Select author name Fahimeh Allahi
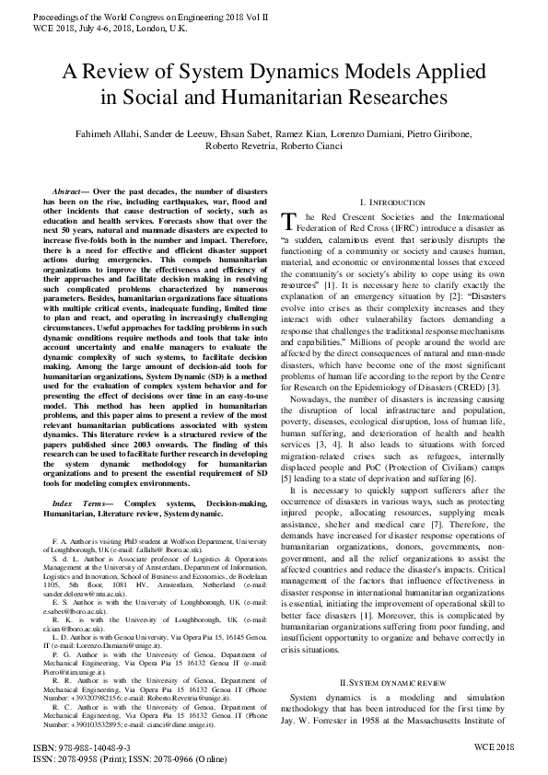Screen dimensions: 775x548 coord(106,133)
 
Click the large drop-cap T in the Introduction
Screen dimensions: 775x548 coord(287,221)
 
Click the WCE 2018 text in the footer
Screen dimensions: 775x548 coord(495,749)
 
